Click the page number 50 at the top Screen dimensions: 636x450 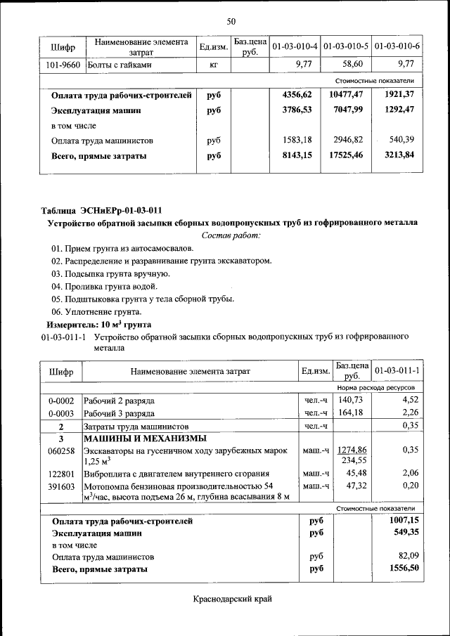tap(231, 22)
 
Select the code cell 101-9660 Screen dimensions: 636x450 tap(64, 65)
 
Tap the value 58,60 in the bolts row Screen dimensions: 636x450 tap(349, 65)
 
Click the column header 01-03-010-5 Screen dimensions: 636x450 tap(347, 46)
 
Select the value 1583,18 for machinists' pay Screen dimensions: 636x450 tap(296, 141)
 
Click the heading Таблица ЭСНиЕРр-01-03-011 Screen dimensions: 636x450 tap(102, 210)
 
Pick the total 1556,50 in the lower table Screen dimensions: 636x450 tap(404, 569)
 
